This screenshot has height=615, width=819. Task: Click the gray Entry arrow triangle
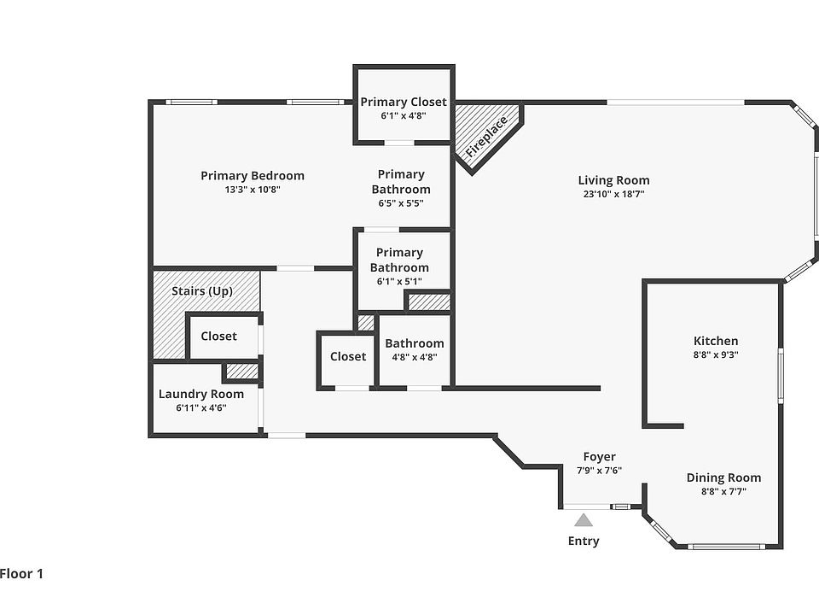584,520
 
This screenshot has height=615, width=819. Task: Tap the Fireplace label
486,137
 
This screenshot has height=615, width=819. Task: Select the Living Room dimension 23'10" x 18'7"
613,194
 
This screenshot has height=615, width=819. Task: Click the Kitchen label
716,341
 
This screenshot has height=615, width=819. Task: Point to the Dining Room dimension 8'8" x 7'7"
723,491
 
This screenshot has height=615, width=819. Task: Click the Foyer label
599,456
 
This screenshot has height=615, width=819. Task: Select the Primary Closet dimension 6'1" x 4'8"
404,115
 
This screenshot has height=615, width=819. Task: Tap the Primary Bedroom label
253,176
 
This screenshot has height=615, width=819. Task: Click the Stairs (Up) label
202,291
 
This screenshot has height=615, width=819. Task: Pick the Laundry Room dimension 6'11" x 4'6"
201,408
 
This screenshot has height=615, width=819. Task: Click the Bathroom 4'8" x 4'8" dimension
415,357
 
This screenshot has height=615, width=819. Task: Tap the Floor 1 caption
21,574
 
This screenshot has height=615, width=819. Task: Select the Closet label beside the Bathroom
348,357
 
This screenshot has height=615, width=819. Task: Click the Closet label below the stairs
219,337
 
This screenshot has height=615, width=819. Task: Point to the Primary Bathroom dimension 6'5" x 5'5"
401,203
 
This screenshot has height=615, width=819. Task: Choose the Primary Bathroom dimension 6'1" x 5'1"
399,281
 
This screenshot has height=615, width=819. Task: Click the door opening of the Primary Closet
399,143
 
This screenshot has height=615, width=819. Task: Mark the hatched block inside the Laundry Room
242,372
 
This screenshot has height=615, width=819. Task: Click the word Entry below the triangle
584,542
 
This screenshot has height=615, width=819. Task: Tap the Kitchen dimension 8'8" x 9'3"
716,354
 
